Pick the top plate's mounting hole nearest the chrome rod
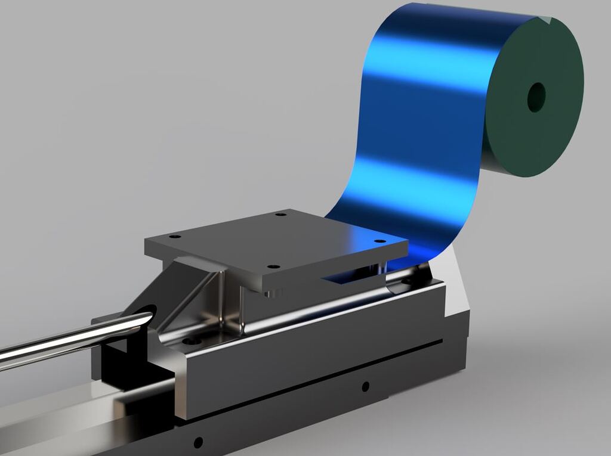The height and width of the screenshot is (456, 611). pyautogui.click(x=174, y=237)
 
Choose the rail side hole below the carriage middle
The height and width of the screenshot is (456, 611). pyautogui.click(x=365, y=386)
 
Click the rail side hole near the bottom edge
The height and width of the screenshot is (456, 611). pyautogui.click(x=198, y=442)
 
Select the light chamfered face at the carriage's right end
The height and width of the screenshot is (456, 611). pyautogui.click(x=457, y=286)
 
